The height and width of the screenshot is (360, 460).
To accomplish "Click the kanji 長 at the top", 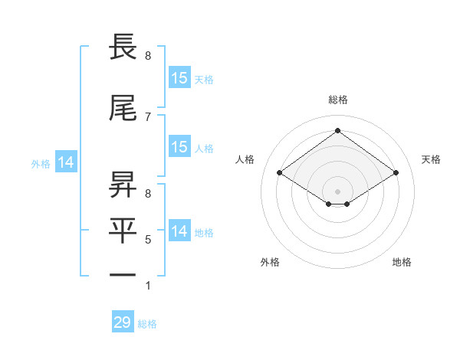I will tap(124, 47).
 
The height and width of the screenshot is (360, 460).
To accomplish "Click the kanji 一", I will tap(124, 274).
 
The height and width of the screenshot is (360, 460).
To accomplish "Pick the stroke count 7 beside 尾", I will tap(148, 116).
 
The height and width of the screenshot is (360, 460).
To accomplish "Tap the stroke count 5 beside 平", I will tap(148, 240).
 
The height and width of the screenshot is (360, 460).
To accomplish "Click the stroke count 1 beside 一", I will tap(148, 286).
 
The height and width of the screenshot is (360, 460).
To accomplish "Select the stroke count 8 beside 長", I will tap(148, 56).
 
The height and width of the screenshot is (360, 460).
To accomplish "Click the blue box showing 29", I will tap(123, 322).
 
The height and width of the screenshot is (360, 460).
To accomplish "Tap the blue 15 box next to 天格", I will tap(179, 77).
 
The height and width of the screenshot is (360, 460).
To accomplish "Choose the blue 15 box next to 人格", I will tap(179, 147).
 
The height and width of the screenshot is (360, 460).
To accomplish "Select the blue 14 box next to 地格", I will tap(179, 231).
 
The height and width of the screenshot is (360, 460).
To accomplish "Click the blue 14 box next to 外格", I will tap(66, 162).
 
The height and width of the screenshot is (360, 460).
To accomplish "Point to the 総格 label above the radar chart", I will tap(337, 100).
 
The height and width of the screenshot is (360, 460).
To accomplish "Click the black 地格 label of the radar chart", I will tap(402, 263).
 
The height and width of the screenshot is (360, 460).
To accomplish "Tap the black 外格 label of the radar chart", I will tap(270, 263).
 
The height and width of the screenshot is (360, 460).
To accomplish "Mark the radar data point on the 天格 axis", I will tap(396, 173).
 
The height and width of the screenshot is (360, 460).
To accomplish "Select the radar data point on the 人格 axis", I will tap(280, 173).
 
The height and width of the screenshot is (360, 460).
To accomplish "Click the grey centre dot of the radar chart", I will tap(337, 191).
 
